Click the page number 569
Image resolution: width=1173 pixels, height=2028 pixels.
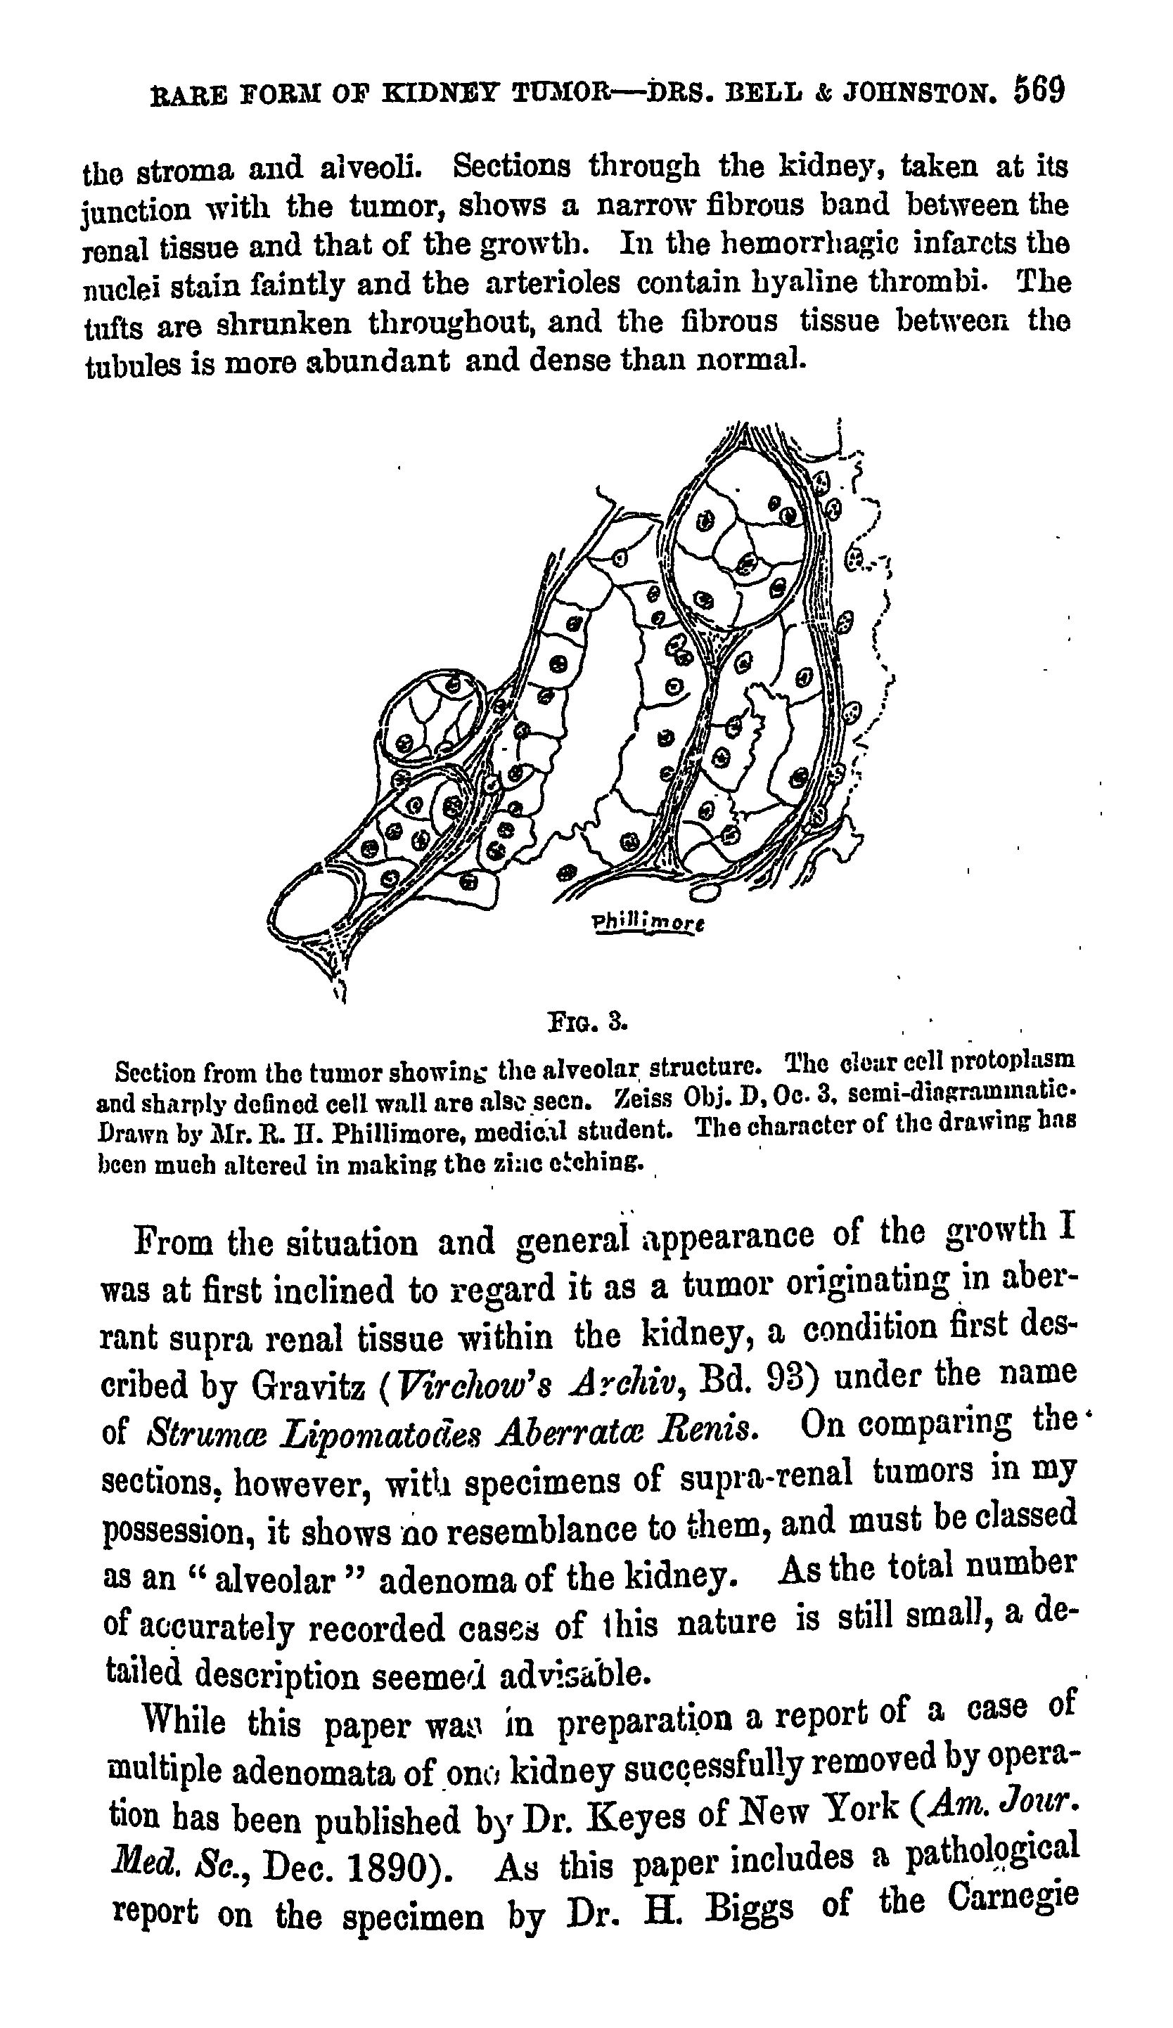[1039, 89]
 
